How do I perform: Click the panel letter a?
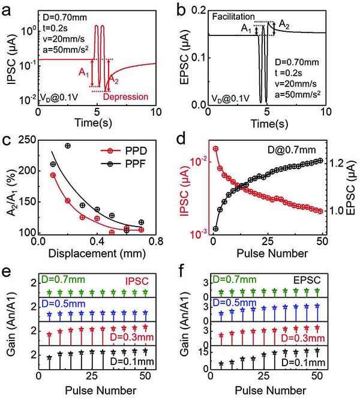coord(9,8)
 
